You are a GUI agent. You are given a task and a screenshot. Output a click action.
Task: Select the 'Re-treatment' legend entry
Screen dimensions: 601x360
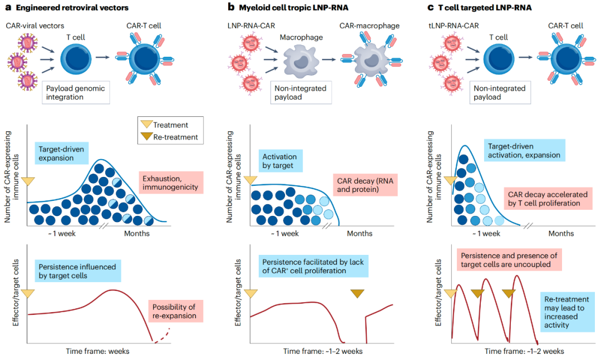click(169, 137)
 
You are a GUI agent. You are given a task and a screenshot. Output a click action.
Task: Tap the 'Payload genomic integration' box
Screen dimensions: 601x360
click(76, 92)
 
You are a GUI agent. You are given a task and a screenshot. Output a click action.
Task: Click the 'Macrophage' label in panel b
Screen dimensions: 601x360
click(301, 37)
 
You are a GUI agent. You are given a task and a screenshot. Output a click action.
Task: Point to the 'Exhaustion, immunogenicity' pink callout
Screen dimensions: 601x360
click(171, 183)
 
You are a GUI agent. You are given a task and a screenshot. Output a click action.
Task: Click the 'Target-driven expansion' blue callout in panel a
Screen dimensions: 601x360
click(61, 154)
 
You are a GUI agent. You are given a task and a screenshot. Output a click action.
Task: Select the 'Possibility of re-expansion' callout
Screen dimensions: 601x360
click(174, 311)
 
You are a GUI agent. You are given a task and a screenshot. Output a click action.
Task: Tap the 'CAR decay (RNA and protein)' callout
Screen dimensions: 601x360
click(365, 185)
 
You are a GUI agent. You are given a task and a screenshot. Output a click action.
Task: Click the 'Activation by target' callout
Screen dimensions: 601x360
click(280, 161)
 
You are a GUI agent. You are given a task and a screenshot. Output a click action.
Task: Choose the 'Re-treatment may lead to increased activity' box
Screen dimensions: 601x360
click(566, 312)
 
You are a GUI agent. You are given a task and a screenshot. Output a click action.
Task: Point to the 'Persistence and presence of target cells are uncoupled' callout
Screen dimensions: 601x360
click(509, 260)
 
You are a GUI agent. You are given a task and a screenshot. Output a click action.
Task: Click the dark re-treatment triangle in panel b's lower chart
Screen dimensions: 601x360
click(357, 294)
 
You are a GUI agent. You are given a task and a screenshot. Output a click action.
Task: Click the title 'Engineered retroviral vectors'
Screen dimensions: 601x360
click(72, 8)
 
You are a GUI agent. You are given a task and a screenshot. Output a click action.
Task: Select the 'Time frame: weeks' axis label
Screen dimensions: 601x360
click(97, 351)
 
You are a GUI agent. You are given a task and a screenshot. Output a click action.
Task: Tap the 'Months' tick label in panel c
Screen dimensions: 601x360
click(561, 234)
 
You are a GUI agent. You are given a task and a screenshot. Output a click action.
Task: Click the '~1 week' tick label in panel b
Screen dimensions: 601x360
click(284, 234)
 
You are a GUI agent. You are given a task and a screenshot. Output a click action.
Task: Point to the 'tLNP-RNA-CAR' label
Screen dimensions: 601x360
click(454, 26)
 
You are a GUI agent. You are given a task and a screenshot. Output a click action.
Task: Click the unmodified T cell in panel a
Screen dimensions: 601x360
click(76, 60)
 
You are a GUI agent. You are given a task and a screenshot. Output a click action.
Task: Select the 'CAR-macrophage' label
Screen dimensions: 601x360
click(370, 26)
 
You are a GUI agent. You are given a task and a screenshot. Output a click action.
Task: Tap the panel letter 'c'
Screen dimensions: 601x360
click(431, 8)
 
